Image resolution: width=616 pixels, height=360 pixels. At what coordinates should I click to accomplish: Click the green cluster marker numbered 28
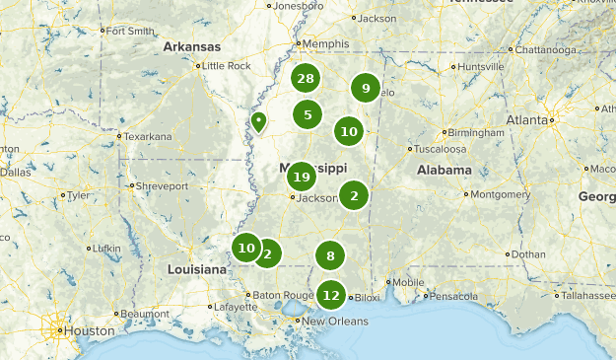click(x=306, y=79)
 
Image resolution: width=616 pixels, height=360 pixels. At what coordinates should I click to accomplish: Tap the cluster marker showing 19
click(x=302, y=177)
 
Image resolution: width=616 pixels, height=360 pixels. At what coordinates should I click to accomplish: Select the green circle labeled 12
click(x=331, y=295)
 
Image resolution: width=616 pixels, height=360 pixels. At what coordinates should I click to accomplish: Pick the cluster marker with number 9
click(x=366, y=89)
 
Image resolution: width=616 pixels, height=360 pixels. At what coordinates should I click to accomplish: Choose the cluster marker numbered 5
click(x=308, y=114)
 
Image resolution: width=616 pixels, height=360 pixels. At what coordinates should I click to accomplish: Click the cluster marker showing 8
click(x=330, y=256)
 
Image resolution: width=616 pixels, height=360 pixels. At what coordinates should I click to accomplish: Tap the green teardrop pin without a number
click(x=258, y=121)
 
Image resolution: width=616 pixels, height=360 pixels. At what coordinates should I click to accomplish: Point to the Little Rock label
click(x=226, y=66)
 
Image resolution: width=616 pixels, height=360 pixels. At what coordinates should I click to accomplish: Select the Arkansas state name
click(x=191, y=46)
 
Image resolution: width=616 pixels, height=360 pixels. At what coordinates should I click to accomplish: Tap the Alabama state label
click(x=444, y=170)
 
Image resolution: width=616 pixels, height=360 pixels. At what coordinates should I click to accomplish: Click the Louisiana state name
click(x=197, y=269)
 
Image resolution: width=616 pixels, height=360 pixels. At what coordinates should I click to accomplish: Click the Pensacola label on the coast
click(x=454, y=295)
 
